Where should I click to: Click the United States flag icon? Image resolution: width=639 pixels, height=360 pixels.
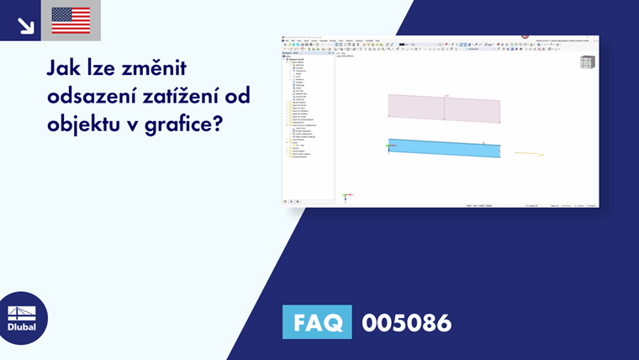click(x=71, y=20)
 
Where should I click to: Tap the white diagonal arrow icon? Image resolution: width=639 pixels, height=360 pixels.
click(x=25, y=24)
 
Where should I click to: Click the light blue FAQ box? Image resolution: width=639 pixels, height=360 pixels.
click(x=317, y=322)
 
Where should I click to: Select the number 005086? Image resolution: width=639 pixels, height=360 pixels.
click(x=406, y=322)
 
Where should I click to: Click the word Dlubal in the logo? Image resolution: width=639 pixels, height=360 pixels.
click(x=22, y=327)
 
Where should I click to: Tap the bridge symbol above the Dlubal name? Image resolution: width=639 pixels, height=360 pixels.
click(x=22, y=311)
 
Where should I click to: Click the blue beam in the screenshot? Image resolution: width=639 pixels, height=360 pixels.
click(x=444, y=148)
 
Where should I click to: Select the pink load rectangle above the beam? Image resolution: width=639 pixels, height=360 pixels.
click(x=444, y=109)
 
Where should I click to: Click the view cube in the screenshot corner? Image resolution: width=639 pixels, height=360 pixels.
click(x=587, y=62)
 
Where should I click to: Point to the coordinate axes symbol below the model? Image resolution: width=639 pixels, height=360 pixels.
click(x=346, y=198)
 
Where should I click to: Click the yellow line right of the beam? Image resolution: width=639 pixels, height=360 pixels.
click(x=527, y=154)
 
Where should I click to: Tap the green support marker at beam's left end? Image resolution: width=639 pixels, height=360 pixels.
click(x=388, y=147)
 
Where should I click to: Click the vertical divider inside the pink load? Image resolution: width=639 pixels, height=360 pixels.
click(x=444, y=109)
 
